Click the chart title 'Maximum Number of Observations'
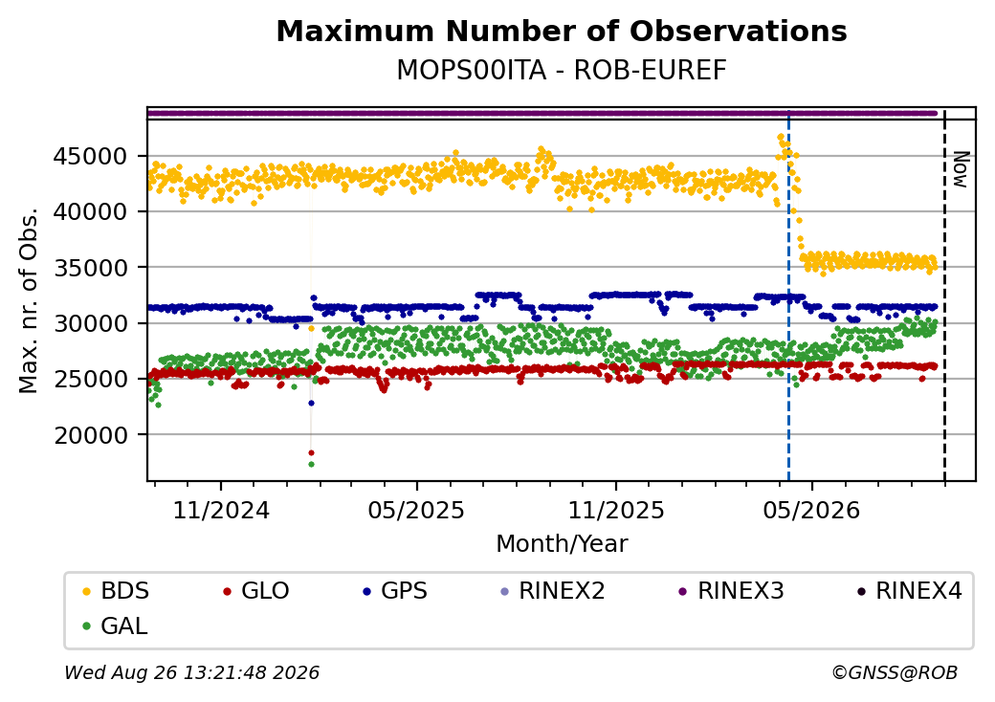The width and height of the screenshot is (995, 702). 562,31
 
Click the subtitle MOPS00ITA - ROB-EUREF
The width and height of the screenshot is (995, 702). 562,71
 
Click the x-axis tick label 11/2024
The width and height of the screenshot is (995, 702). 221,511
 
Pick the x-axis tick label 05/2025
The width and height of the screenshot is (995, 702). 416,511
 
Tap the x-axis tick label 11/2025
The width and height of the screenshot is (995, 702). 615,511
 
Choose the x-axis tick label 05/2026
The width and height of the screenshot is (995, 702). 811,511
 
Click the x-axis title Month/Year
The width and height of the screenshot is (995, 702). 562,544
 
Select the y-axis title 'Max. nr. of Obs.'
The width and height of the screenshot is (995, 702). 29,299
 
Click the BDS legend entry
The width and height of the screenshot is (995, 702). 116,591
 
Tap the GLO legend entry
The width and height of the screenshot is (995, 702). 256,591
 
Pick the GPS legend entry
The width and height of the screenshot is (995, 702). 395,591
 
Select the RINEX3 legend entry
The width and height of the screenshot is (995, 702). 732,591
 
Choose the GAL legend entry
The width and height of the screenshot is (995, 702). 116,625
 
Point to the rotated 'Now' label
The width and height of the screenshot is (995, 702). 962,169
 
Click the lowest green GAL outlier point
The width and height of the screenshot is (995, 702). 311,464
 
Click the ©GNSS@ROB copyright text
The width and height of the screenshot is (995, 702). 895,672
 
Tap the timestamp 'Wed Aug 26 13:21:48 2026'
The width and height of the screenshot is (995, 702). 192,672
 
